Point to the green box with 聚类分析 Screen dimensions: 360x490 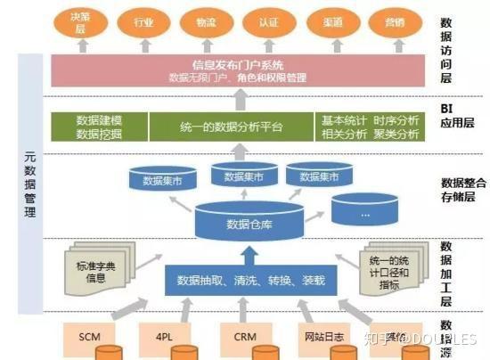click(x=369, y=127)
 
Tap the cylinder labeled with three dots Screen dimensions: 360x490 click(x=364, y=212)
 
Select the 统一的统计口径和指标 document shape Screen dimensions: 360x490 click(x=389, y=266)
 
